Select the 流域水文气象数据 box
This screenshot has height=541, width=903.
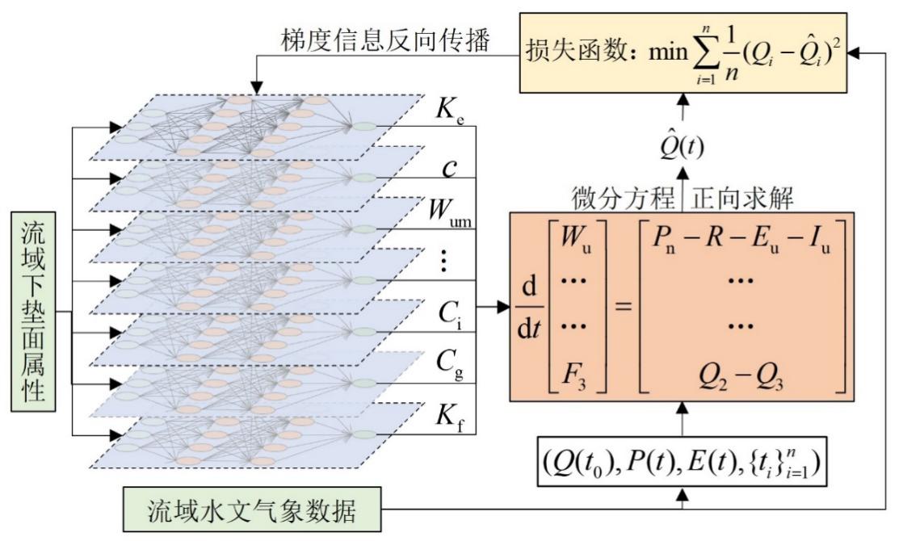point(254,512)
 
